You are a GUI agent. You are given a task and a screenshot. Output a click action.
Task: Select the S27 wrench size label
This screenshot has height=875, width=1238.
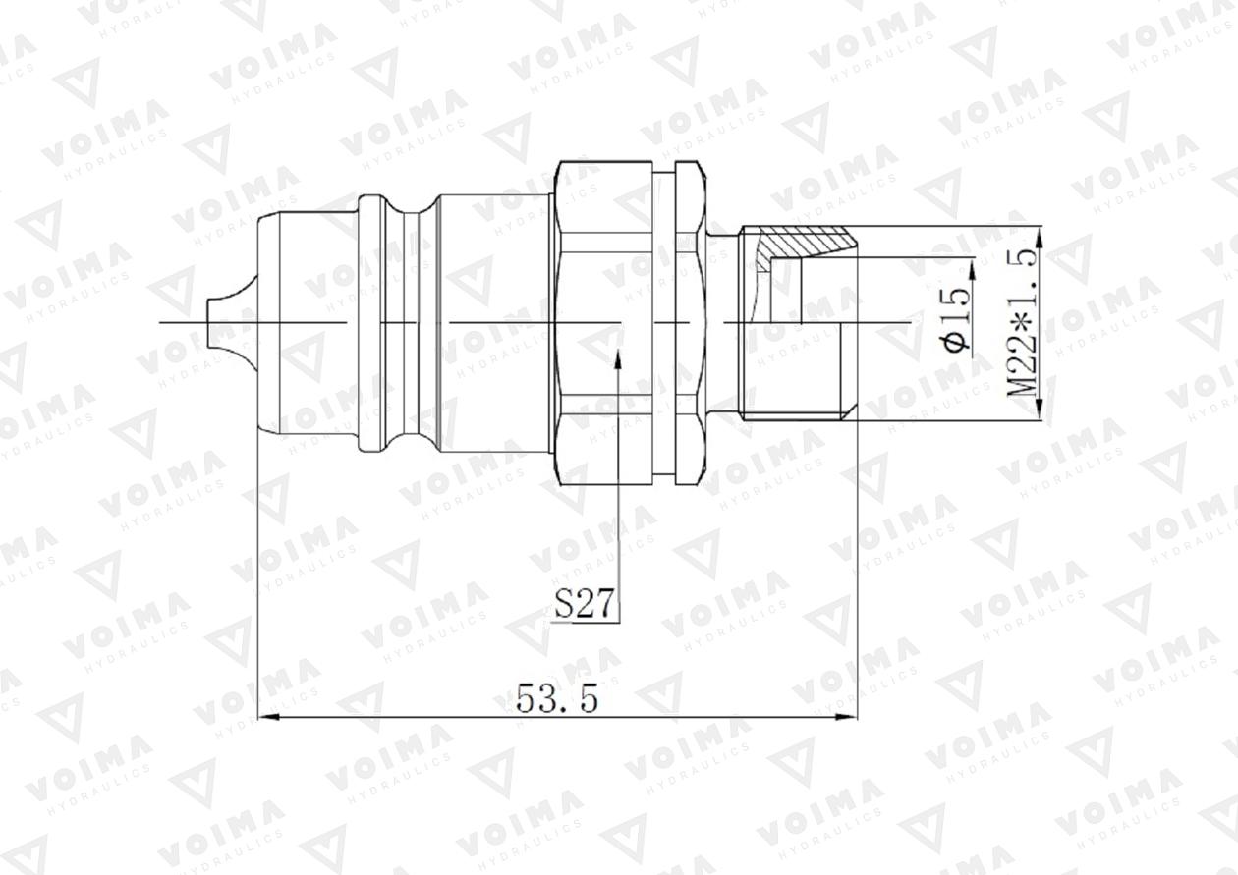(586, 604)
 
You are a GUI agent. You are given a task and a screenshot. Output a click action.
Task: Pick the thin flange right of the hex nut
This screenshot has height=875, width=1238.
(690, 322)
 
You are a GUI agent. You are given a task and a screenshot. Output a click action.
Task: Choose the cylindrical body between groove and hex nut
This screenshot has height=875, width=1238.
(491, 322)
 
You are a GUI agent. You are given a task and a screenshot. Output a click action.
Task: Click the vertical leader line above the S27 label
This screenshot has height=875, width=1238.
(618, 471)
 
